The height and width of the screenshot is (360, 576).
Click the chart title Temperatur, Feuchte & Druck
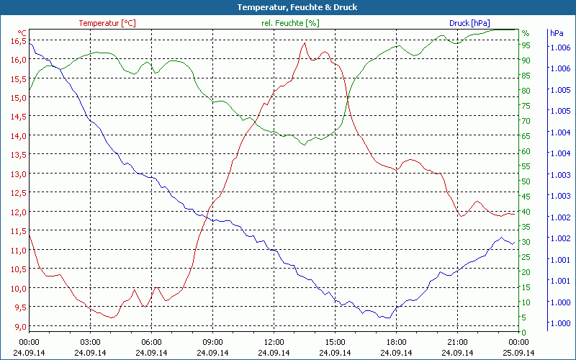tap(287, 7)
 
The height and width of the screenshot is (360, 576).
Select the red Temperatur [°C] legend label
tap(107, 23)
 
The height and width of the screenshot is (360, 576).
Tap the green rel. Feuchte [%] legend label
tap(289, 23)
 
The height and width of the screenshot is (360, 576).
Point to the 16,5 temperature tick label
tap(17, 40)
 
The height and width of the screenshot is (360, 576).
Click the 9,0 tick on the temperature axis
tap(19, 326)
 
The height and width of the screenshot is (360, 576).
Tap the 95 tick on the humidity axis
tap(526, 45)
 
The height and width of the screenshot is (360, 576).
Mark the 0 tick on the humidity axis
tap(524, 333)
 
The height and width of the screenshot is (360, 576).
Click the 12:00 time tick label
tap(274, 342)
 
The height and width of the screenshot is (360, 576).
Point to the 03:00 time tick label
tap(90, 342)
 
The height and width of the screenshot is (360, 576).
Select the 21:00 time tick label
tap(457, 342)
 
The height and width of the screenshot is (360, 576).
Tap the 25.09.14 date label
tap(518, 353)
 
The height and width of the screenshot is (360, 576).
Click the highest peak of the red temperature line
tap(305, 43)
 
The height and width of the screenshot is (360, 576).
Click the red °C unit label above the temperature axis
tap(22, 32)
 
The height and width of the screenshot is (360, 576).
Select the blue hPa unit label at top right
tap(557, 33)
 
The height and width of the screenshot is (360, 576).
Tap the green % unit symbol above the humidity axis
tap(526, 33)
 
